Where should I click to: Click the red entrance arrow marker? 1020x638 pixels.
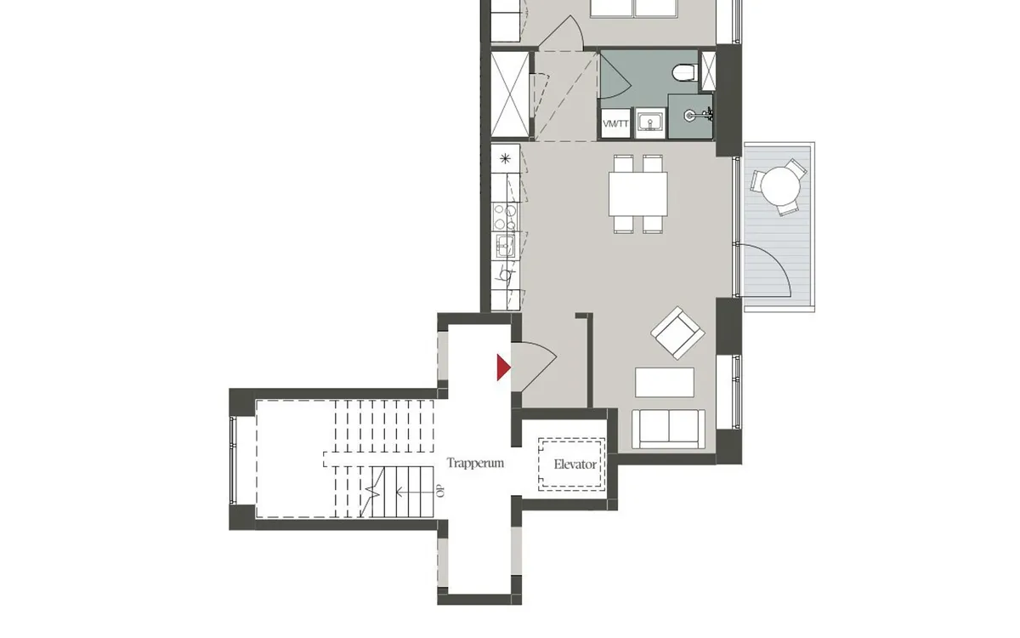click(503, 367)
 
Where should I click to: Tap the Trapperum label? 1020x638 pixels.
click(475, 464)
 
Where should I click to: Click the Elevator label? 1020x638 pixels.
click(575, 464)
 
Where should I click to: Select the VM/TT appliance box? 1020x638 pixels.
click(615, 123)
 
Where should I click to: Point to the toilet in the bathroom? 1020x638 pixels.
click(685, 72)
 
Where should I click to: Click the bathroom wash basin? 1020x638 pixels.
click(650, 122)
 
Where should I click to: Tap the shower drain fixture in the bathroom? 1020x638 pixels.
click(690, 116)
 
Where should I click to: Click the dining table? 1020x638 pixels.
click(638, 194)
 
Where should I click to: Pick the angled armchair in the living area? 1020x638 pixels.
click(677, 333)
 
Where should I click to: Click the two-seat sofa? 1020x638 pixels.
click(668, 429)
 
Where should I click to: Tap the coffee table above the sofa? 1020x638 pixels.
click(665, 382)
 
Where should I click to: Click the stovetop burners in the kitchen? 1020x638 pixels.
click(505, 216)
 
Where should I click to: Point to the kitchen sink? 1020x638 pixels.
click(505, 247)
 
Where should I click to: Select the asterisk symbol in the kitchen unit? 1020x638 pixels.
click(505, 158)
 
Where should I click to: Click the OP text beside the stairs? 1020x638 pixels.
click(440, 492)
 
